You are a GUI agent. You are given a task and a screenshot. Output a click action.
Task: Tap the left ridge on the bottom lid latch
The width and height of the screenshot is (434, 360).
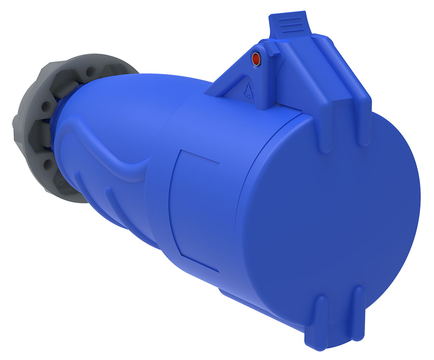(x=322, y=308)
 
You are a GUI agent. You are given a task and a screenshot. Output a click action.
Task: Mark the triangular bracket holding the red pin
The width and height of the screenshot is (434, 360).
(x=241, y=77)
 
